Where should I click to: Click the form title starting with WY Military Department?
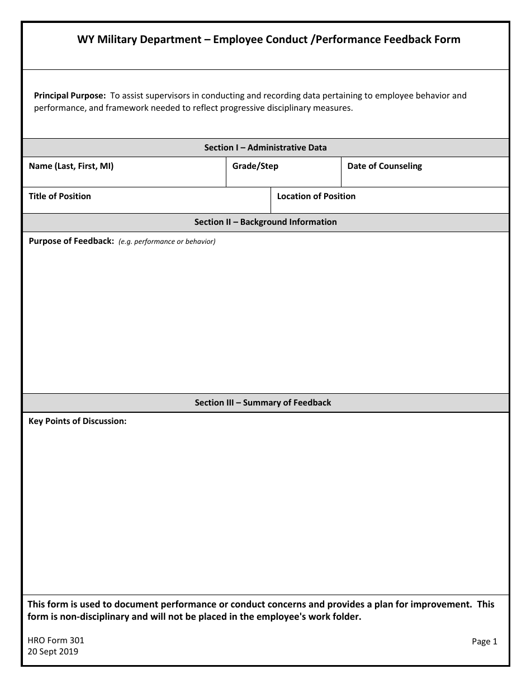(x=268, y=39)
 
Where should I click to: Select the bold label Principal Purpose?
(x=70, y=96)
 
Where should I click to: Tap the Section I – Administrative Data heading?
(x=265, y=148)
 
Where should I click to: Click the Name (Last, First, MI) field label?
(x=71, y=166)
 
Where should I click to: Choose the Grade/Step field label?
(x=255, y=166)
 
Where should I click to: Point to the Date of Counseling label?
(x=385, y=166)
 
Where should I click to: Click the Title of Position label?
(x=60, y=196)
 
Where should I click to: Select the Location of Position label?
(x=316, y=196)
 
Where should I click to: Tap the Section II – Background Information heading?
(x=265, y=222)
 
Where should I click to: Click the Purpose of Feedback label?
(x=71, y=242)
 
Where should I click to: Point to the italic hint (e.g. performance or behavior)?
(x=167, y=242)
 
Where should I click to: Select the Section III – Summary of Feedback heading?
(x=263, y=403)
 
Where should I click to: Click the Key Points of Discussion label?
(x=78, y=421)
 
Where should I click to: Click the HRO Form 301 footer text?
(x=56, y=640)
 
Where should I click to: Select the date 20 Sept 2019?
(x=53, y=652)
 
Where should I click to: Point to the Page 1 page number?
(x=484, y=642)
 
